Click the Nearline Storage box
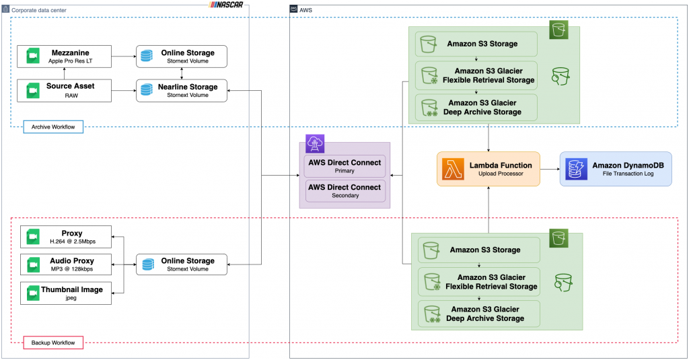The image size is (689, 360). pos(182,90)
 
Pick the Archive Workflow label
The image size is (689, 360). pos(53,127)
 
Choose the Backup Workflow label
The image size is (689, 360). pos(53,343)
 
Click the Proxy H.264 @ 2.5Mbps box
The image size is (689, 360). pos(65,237)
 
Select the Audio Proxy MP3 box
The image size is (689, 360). pos(65,264)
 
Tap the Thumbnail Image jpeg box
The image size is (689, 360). pos(65,293)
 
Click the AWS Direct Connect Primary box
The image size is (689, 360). pos(344,166)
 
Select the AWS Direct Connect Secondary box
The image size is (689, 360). pos(344,191)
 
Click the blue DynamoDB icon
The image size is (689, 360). pos(576,168)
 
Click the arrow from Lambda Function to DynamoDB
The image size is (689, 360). pos(550,168)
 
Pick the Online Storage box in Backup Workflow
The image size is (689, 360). pos(182,264)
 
